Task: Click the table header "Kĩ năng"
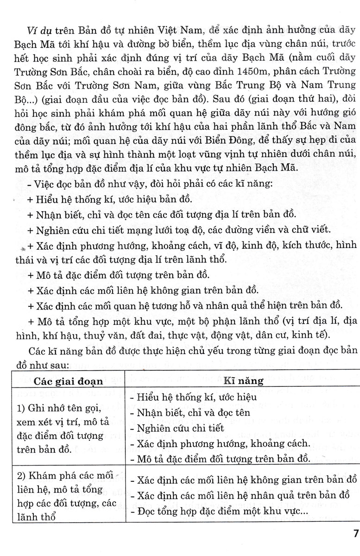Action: pos(243,381)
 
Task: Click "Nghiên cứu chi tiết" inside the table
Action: pos(178,428)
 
